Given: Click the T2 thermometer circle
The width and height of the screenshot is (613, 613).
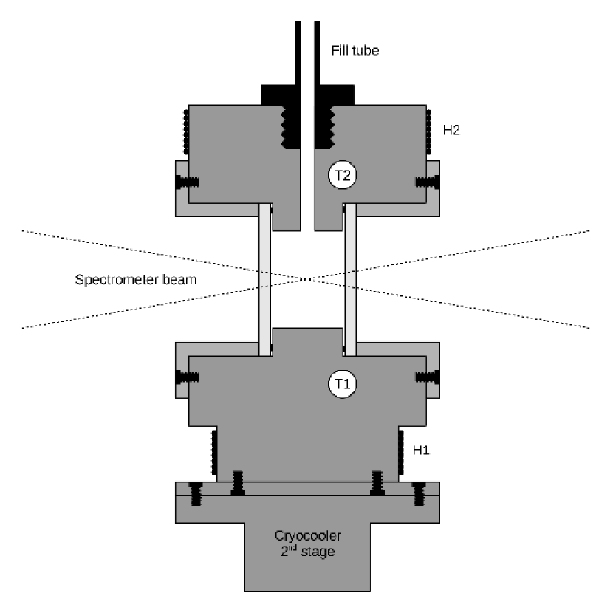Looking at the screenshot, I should pyautogui.click(x=342, y=176).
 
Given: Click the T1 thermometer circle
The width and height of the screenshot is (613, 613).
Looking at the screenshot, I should pyautogui.click(x=342, y=383).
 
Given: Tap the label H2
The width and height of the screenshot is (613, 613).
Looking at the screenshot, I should pyautogui.click(x=451, y=130).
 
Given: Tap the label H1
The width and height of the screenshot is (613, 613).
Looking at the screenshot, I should pyautogui.click(x=421, y=449).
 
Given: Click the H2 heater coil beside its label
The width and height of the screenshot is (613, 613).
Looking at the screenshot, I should pyautogui.click(x=428, y=133).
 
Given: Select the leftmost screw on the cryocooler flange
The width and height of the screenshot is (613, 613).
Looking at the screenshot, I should pyautogui.click(x=196, y=493).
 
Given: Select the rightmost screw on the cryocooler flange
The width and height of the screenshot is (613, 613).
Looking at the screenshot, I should pyautogui.click(x=419, y=493).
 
